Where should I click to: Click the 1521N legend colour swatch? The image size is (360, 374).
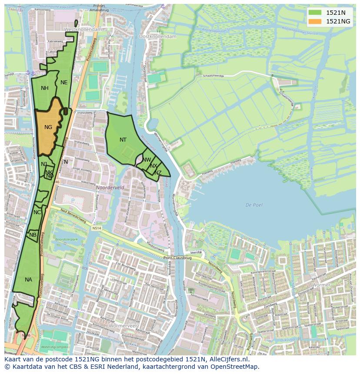pos(315,13)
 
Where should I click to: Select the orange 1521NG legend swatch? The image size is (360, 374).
pos(315,21)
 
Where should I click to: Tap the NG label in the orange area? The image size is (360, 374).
pos(48,127)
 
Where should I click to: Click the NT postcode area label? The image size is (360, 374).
pos(123,140)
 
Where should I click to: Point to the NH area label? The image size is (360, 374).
pos(45,88)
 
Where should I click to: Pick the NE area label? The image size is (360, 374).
pos(64,83)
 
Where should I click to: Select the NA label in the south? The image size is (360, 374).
pos(28,280)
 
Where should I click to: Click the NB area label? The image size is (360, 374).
pos(33,235)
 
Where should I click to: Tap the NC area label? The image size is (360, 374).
pos(37,212)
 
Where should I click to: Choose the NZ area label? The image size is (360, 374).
pos(158,173)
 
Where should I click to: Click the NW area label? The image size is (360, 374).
pos(147,160)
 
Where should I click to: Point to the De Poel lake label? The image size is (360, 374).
pos(253,205)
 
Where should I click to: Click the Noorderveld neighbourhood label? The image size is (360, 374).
pos(110,188)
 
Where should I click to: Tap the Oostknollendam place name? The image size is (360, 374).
pos(157,36)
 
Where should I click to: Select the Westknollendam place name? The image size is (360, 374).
pos(83,29)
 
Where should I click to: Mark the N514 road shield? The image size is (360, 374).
pos(97,227)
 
